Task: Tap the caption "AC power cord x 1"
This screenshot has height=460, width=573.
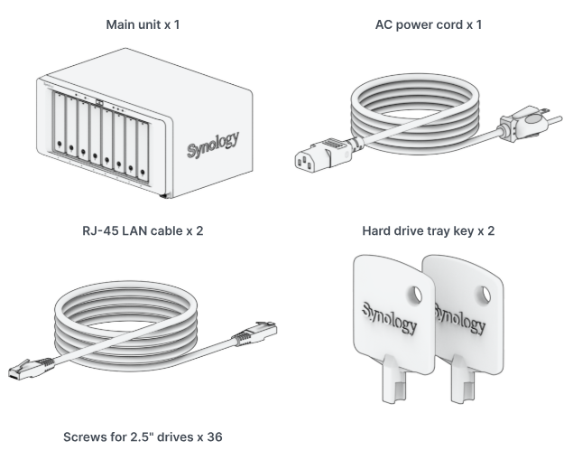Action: pos(429,24)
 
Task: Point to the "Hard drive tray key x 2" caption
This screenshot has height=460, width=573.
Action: pos(429,230)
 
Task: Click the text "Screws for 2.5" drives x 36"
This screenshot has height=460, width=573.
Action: pos(143,437)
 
